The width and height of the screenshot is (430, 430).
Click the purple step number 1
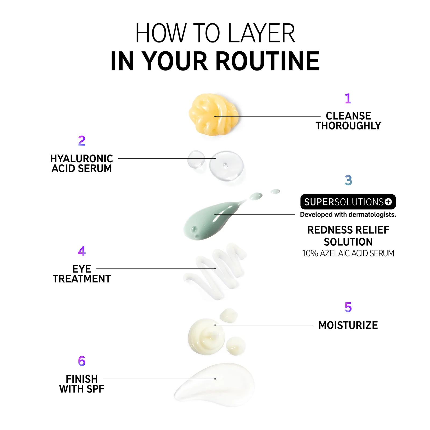click(348, 98)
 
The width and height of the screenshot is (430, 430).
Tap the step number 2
click(82, 141)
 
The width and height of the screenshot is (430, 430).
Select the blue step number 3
click(348, 180)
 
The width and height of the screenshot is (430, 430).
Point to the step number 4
click(82, 251)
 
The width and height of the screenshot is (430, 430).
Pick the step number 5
click(348, 307)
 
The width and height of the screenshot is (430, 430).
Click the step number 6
click(82, 361)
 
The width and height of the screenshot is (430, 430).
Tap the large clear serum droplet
click(226, 166)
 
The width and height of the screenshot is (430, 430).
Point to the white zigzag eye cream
click(215, 271)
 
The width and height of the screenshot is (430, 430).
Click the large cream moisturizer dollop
click(206, 336)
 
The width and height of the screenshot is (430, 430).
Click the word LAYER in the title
click(261, 33)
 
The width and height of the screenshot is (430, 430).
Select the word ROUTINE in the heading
click(267, 61)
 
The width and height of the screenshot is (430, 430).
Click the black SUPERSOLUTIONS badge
click(348, 202)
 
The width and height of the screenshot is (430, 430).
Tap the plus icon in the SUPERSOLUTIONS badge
click(388, 202)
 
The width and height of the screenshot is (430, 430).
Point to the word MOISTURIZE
click(348, 325)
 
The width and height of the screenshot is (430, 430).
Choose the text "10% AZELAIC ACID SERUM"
click(348, 253)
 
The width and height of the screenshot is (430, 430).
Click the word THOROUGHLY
click(348, 126)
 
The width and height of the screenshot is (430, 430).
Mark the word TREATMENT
click(82, 279)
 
